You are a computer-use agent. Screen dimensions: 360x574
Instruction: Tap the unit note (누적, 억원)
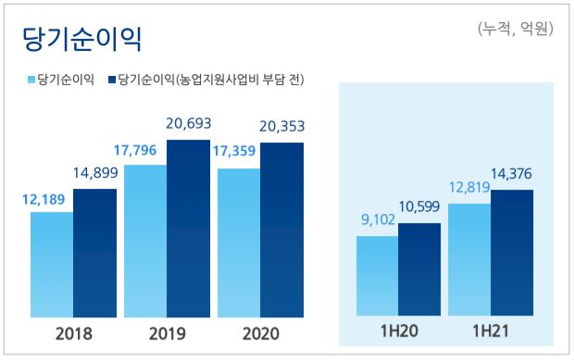click(515, 29)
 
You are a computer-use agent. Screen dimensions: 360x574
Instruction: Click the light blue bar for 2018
click(52, 265)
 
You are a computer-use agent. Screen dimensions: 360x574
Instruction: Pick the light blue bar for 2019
click(145, 242)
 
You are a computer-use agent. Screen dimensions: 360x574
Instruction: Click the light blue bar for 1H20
click(378, 277)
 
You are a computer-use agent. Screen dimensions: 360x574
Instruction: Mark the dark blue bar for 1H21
click(513, 254)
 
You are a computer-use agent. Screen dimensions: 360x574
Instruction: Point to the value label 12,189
click(43, 198)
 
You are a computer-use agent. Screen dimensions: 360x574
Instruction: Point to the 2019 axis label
click(168, 333)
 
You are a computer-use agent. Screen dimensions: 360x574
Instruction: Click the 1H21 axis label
click(491, 333)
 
